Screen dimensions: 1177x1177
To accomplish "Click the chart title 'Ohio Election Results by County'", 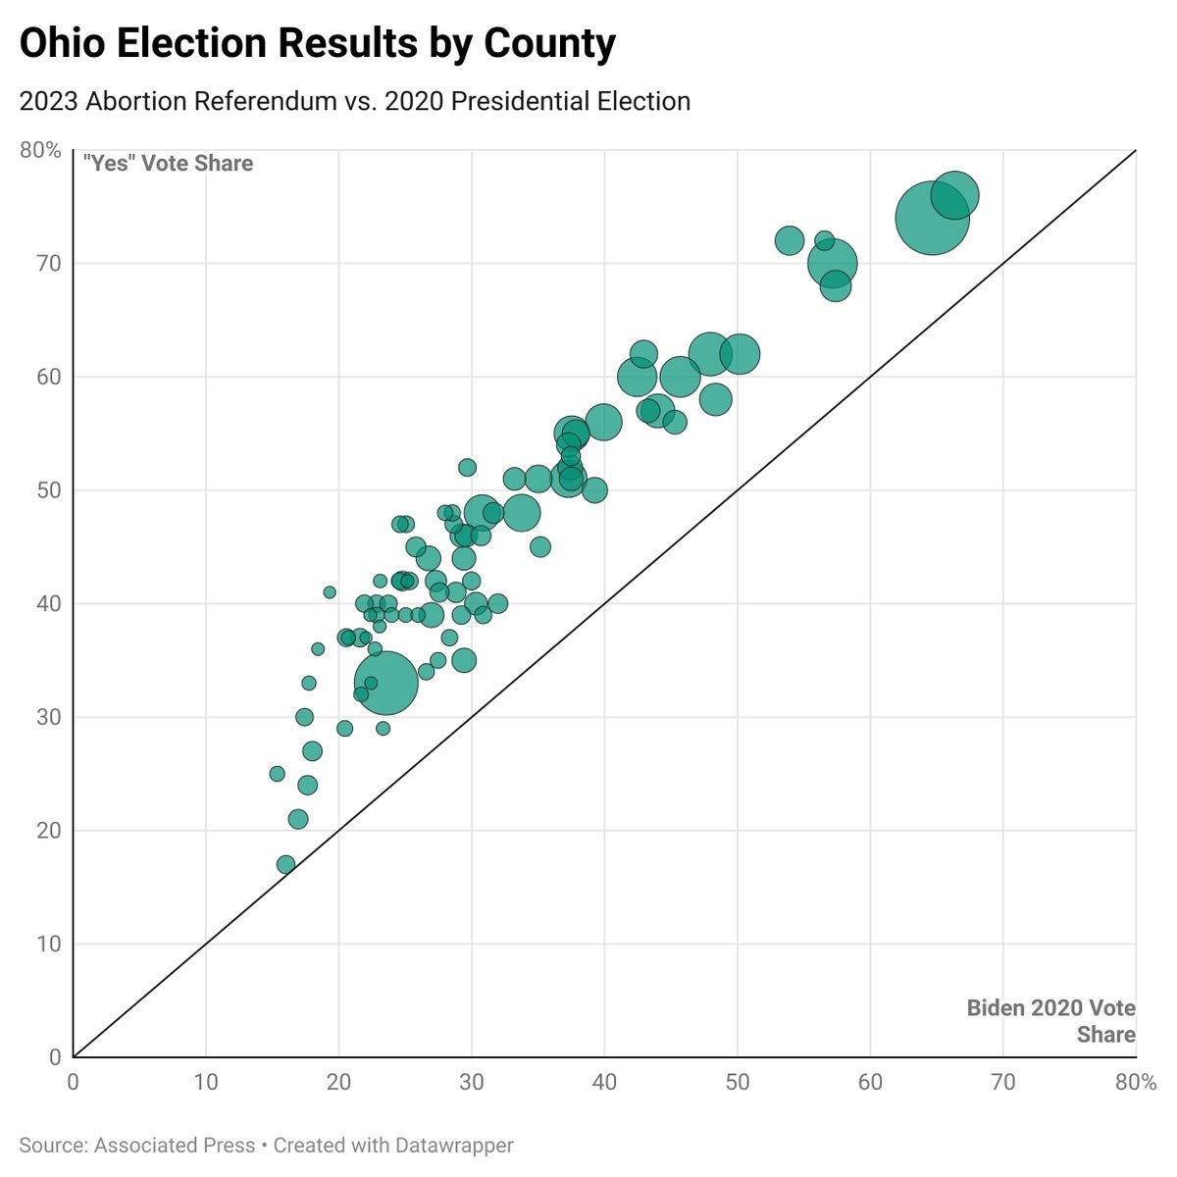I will coord(317,44).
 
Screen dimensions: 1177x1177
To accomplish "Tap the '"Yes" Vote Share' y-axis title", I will coord(168,163).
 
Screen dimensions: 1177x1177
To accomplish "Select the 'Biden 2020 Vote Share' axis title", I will coord(1050,1021).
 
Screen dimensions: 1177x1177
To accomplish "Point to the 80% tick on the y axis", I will coord(40,150).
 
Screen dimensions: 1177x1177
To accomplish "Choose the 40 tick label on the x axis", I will coord(604,1082).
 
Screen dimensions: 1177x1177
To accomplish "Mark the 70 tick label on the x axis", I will coord(1002,1082).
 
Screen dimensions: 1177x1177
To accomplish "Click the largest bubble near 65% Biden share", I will coord(932,218).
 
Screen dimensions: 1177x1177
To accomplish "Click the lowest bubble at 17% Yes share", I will coord(285,864).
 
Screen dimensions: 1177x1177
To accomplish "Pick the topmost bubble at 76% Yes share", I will coord(954,195).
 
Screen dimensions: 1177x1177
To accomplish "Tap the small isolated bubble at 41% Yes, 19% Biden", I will coord(330,592).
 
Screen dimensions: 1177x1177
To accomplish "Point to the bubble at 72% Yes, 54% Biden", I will coord(790,240).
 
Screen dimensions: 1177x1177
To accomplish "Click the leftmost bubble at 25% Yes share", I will coord(277,774).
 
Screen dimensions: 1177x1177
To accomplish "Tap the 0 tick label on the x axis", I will coord(74,1082).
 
